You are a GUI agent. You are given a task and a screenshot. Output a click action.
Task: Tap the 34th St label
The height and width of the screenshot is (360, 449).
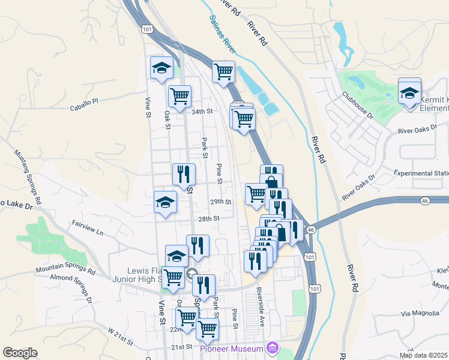tap(202, 112)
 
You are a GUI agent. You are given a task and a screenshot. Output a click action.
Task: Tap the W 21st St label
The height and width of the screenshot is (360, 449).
tap(122, 336)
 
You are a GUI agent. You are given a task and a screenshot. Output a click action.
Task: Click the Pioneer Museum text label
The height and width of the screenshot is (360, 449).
tap(232, 349)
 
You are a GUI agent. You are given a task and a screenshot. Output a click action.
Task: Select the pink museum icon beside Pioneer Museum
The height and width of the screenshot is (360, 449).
tap(274, 348)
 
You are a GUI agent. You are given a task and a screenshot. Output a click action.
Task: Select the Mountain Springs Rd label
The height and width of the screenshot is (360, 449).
tap(65, 271)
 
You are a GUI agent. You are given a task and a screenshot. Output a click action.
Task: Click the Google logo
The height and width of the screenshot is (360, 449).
tap(20, 353)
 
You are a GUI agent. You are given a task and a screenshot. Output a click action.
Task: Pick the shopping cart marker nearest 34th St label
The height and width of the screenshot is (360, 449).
tap(179, 96)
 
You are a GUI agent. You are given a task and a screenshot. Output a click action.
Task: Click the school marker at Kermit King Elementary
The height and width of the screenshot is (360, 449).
tap(409, 93)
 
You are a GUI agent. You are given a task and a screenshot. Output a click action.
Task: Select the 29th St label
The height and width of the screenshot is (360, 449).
tap(220, 202)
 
